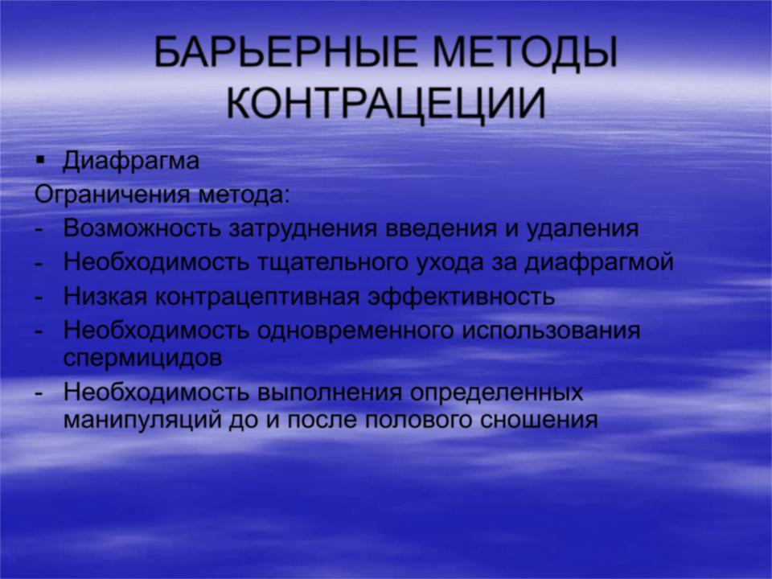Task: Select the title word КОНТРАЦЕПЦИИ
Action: pos(387,105)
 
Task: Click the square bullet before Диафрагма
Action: pos(40,161)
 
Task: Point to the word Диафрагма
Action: pos(131,162)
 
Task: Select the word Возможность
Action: pos(142,228)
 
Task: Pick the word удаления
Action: pos(582,229)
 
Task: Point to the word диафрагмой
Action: pos(598,262)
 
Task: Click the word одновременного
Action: pos(355,331)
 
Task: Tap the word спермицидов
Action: pos(143,359)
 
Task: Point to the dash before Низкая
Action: pos(39,298)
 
